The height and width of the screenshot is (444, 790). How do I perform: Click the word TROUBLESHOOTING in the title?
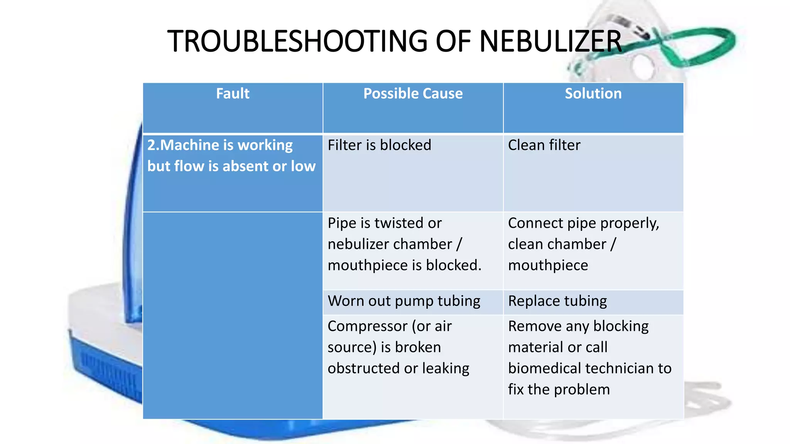coord(297,41)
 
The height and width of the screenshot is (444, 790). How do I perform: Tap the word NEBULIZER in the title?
coord(550,41)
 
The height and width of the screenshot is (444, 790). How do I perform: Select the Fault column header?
coord(233,94)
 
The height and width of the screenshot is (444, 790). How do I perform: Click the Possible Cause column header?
coord(413,94)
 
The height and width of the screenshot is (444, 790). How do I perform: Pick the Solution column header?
coord(593,94)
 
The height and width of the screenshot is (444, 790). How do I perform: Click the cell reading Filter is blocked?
coord(379,145)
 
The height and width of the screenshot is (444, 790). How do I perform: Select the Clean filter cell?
coord(544,145)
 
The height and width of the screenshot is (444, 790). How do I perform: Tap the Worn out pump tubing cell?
coord(404,301)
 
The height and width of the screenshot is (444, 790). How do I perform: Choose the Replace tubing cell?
coord(557,301)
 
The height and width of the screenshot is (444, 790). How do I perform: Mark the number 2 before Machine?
coord(151,145)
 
